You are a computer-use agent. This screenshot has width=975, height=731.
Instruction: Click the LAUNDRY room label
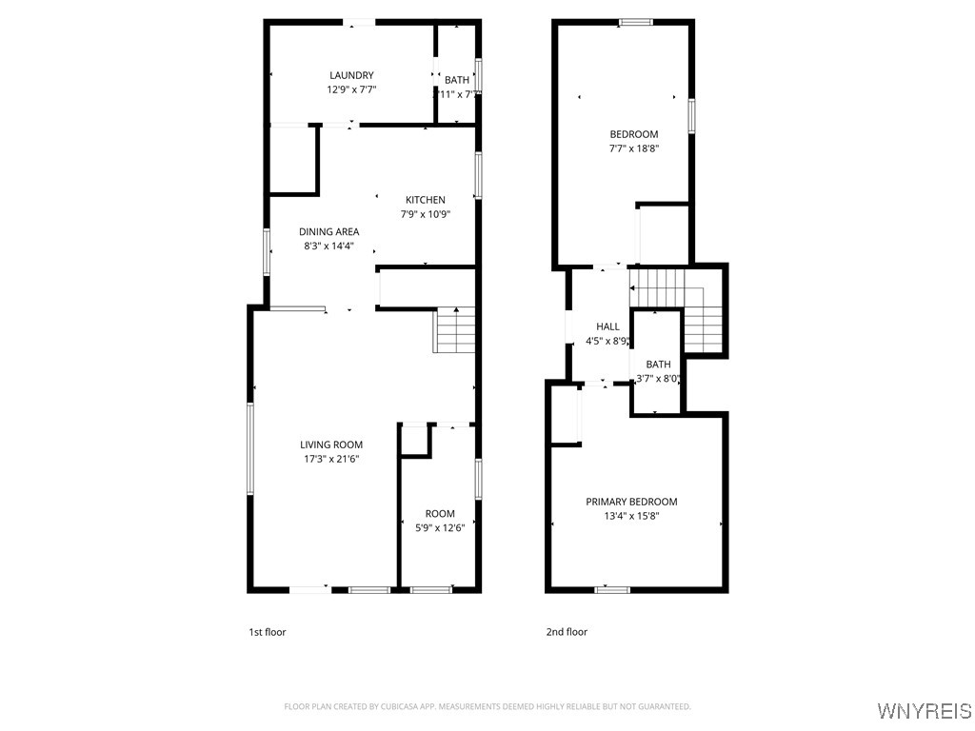point(351,75)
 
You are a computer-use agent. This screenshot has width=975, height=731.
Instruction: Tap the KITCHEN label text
point(425,200)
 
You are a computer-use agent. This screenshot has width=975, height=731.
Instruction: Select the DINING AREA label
point(328,231)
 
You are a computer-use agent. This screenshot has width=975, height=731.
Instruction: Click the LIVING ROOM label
point(331,445)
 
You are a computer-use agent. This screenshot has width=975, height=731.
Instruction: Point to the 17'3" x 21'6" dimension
point(331,459)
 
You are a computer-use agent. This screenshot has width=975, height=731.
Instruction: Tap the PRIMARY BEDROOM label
point(631,502)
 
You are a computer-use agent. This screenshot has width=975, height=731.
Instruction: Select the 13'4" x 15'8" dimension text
point(631,516)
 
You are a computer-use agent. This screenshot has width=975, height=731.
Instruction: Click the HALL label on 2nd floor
point(607,326)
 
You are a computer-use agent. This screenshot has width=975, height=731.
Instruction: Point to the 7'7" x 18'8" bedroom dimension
point(634,148)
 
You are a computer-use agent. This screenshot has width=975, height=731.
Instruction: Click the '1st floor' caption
point(267,632)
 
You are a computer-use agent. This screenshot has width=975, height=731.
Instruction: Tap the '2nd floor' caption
point(567,632)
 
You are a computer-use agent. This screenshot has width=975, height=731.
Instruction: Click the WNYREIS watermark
point(924,711)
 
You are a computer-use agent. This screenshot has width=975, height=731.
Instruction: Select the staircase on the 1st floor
point(454,330)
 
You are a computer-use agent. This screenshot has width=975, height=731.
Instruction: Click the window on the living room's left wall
point(251,447)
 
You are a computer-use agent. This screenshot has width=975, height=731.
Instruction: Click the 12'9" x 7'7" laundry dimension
point(351,89)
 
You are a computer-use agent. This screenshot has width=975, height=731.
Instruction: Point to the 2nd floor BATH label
point(658,365)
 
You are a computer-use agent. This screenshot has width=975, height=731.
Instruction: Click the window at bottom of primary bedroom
point(611,589)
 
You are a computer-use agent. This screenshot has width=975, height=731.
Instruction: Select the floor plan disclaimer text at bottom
point(487,706)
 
